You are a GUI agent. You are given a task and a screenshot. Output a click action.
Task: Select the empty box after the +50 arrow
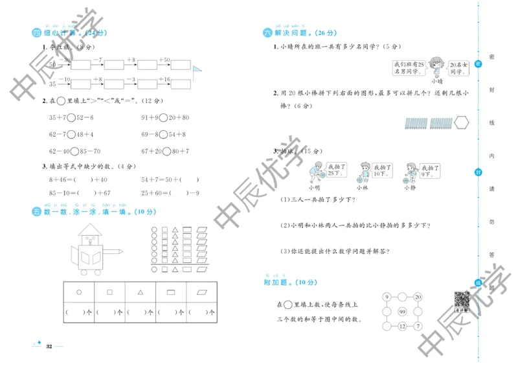(181, 65)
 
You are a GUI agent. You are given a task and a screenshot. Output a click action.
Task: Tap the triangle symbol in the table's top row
(140, 292)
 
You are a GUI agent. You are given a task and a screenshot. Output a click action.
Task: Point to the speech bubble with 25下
(335, 170)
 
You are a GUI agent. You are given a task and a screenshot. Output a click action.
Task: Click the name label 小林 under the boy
(361, 188)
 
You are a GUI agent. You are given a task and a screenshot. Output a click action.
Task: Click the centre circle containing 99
(401, 312)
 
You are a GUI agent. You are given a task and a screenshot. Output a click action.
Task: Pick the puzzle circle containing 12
(401, 326)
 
